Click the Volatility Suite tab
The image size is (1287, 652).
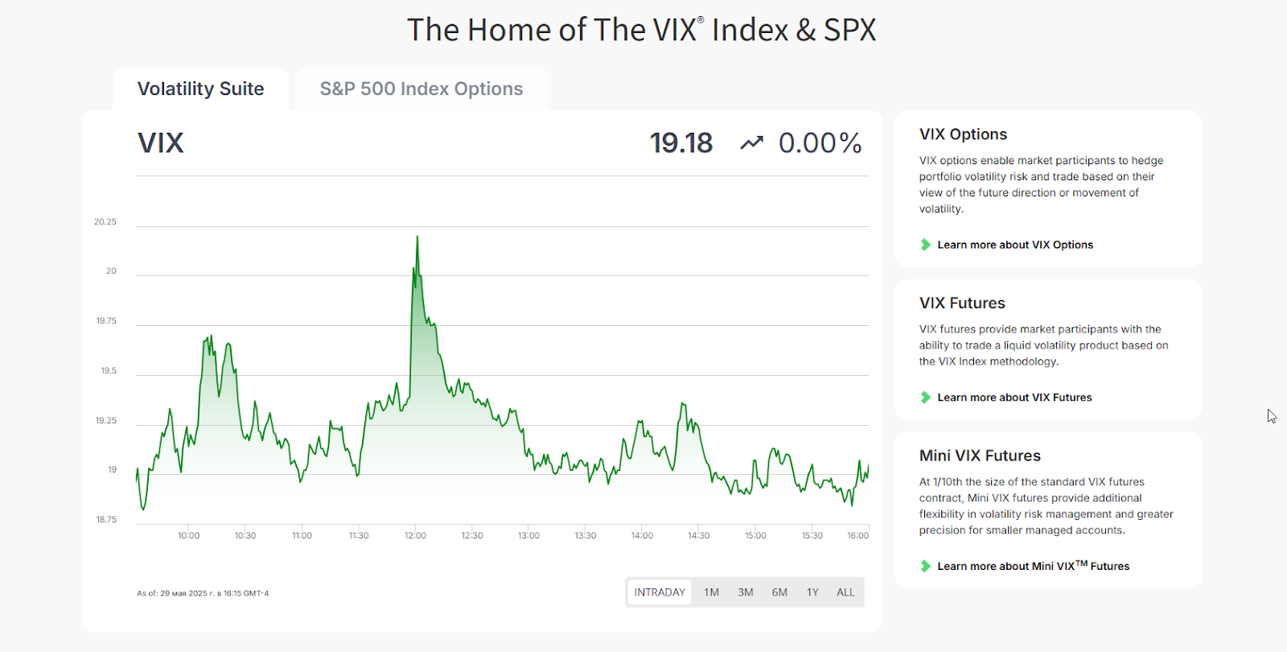(200, 89)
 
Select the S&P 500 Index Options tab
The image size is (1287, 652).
(421, 89)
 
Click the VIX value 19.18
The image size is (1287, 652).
(681, 143)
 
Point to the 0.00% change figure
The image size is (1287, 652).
(820, 143)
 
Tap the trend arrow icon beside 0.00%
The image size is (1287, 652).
(751, 143)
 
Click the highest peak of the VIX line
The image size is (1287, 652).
(417, 237)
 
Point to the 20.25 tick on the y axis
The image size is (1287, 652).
(105, 222)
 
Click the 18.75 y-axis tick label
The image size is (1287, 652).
(106, 520)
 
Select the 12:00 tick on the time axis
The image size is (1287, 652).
(415, 535)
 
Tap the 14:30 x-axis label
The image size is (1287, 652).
(698, 535)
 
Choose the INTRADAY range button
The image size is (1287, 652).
(660, 592)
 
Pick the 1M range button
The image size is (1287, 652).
(711, 592)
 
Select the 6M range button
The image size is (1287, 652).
(779, 592)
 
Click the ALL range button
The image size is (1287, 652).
(845, 592)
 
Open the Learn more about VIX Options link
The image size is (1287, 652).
(1014, 245)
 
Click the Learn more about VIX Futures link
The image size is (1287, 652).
(1014, 398)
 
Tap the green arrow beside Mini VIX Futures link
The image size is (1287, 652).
(926, 566)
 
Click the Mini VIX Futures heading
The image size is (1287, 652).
(980, 456)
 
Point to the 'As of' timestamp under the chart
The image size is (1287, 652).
(203, 593)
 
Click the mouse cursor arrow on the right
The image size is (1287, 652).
(1271, 415)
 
